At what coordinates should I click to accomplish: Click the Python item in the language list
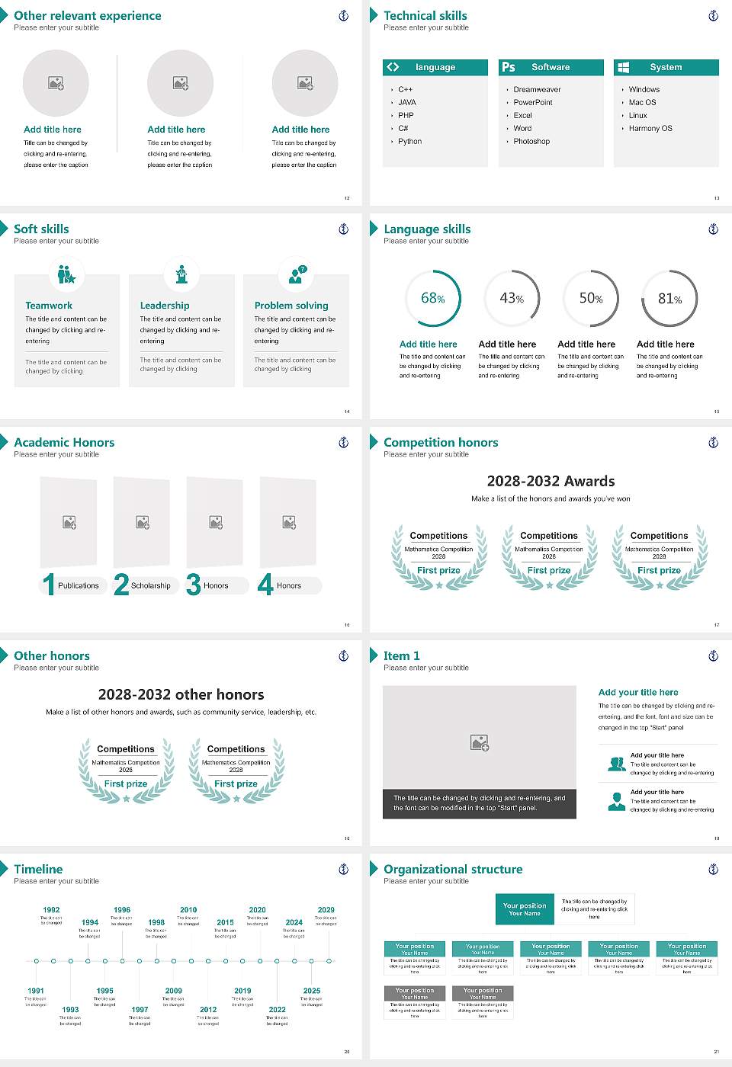(x=409, y=142)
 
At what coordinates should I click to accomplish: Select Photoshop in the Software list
(x=531, y=142)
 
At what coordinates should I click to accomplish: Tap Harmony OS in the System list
(x=650, y=129)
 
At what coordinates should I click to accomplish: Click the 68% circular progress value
(x=432, y=299)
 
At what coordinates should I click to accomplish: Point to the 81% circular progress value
(x=669, y=299)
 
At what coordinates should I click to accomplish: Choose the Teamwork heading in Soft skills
(x=49, y=306)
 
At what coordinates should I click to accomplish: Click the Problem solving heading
(x=291, y=306)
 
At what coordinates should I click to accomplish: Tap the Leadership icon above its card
(x=181, y=274)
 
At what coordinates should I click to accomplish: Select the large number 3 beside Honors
(x=194, y=585)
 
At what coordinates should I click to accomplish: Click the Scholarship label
(x=150, y=586)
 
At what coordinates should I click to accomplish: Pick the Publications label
(x=78, y=586)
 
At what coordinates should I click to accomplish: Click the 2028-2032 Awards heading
(x=551, y=482)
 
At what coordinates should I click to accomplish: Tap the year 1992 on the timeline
(x=51, y=910)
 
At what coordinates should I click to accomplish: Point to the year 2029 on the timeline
(x=326, y=910)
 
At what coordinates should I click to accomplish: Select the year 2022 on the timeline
(x=277, y=1010)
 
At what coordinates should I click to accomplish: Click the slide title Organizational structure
(x=453, y=870)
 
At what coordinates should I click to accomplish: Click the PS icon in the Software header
(x=509, y=68)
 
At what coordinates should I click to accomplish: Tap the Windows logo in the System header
(x=623, y=68)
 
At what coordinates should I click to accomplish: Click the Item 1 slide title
(x=401, y=656)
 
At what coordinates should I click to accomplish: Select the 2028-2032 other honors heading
(x=181, y=695)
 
